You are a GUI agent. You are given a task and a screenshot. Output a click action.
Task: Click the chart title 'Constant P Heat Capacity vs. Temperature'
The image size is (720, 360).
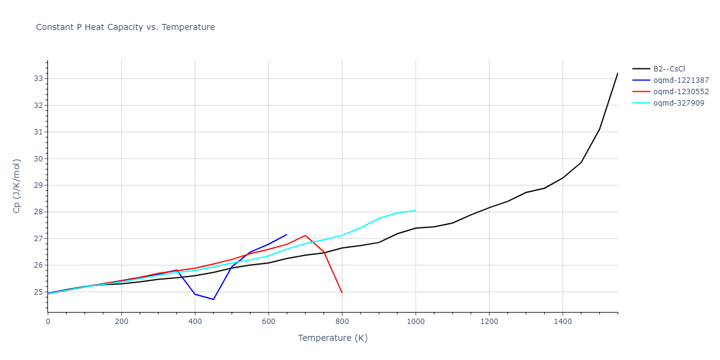[x=125, y=27]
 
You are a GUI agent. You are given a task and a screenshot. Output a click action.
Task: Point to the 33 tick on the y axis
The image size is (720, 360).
[x=38, y=79]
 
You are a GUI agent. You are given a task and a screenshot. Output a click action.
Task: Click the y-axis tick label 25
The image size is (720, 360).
[x=38, y=292]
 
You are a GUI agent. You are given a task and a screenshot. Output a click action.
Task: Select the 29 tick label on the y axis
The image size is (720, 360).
[x=38, y=185]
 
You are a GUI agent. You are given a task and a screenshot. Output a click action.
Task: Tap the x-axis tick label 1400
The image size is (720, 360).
[x=562, y=322]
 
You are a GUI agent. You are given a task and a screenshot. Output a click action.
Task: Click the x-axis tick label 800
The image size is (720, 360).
[x=342, y=322]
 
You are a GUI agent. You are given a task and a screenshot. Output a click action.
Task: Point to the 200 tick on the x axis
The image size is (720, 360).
[x=121, y=322]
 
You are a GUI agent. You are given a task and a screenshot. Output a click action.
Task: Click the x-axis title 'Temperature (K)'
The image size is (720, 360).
[x=332, y=338]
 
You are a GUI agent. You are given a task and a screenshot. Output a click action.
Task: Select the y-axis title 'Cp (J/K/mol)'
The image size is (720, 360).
[x=17, y=186]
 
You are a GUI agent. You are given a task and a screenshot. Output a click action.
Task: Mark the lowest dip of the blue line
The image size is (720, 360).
[x=214, y=299]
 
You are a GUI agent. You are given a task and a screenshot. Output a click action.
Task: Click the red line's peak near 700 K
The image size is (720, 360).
[x=305, y=235]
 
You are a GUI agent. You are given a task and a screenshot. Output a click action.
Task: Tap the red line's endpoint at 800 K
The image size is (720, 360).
[x=342, y=293]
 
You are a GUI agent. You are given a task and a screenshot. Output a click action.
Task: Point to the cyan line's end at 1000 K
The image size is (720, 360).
[x=415, y=211]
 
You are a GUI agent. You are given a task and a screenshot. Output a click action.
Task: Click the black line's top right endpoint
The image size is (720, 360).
[x=617, y=73]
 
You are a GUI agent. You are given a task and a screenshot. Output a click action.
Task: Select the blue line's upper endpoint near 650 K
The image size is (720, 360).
[x=287, y=235]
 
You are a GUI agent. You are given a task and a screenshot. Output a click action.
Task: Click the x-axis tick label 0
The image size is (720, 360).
[x=48, y=322]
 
